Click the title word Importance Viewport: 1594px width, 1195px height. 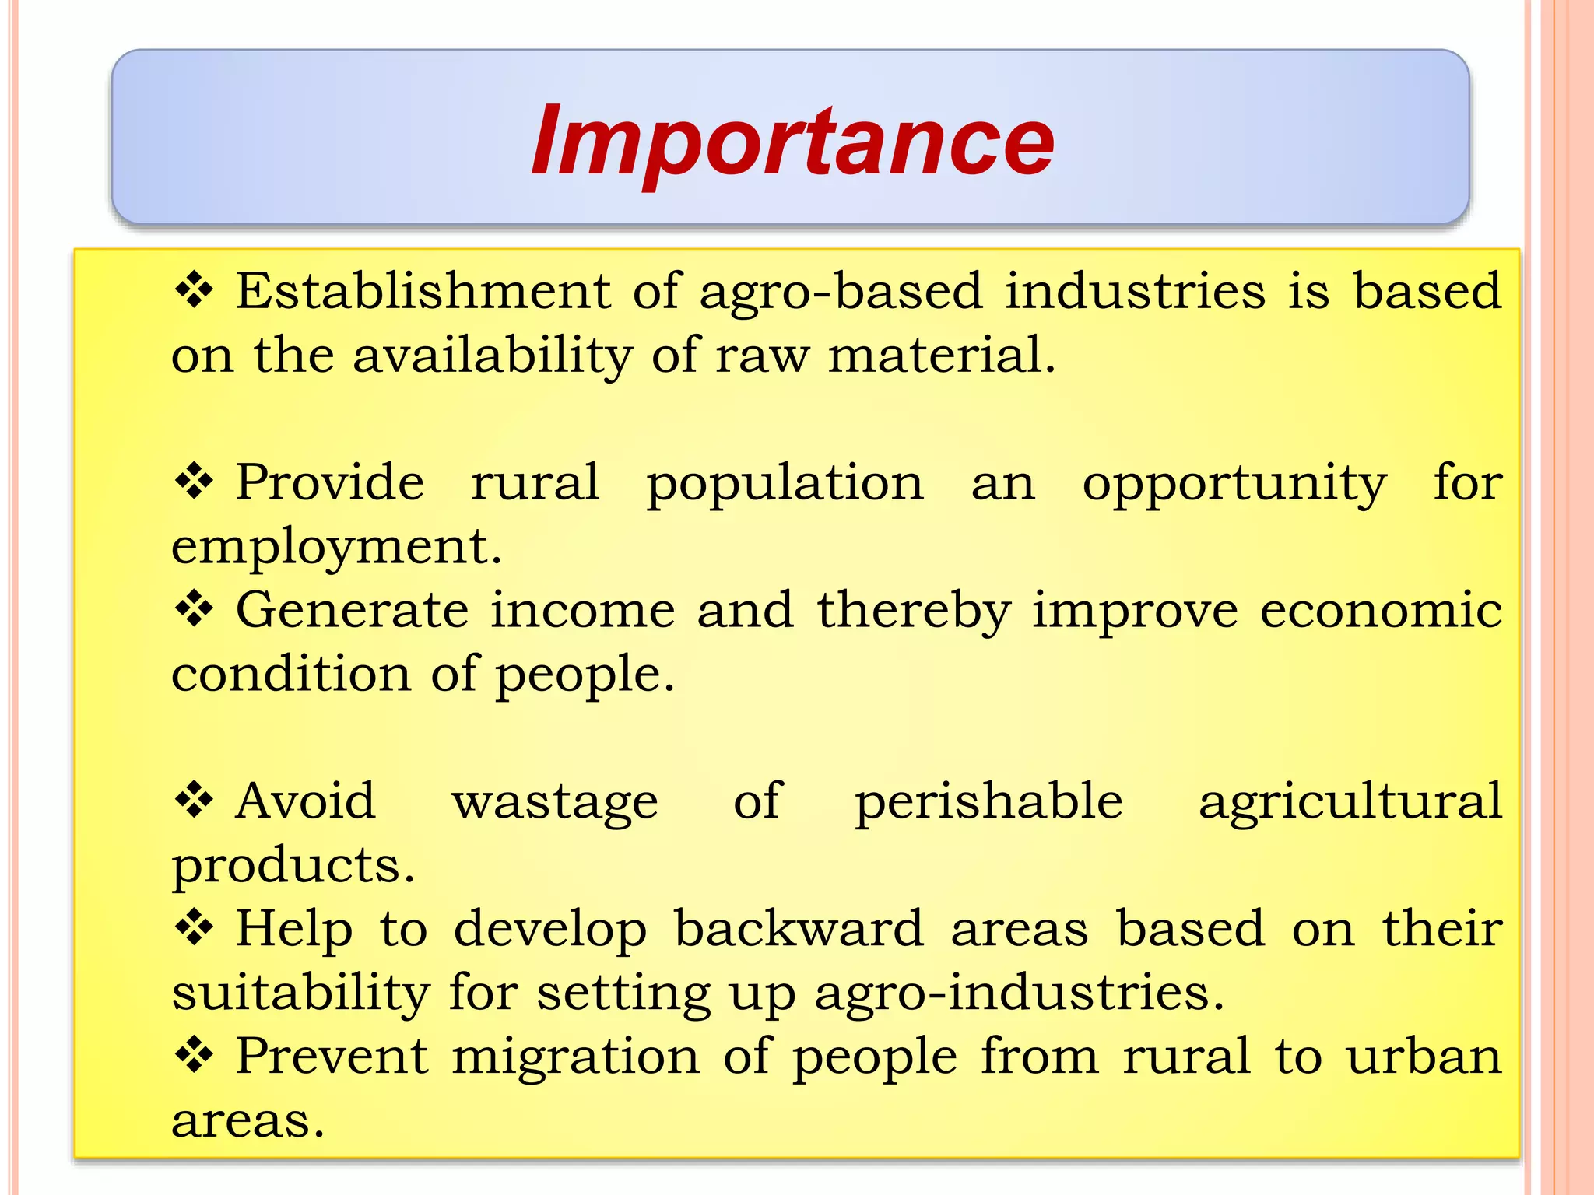pyautogui.click(x=792, y=142)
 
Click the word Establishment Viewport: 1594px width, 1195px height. pyautogui.click(x=423, y=292)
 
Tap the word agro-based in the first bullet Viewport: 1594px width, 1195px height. pyautogui.click(x=841, y=292)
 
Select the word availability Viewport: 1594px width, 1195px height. pyautogui.click(x=492, y=356)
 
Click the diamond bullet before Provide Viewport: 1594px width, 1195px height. pyautogui.click(x=194, y=482)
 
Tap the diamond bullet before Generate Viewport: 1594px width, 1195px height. pyautogui.click(x=194, y=609)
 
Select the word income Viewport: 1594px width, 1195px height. pyautogui.click(x=582, y=611)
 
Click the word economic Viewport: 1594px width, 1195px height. pyautogui.click(x=1381, y=611)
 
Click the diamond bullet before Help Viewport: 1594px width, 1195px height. pyautogui.click(x=194, y=928)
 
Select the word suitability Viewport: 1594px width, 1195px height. pyautogui.click(x=300, y=993)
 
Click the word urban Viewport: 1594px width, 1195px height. pyautogui.click(x=1424, y=1057)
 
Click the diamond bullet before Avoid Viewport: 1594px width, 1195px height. pyautogui.click(x=194, y=801)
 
